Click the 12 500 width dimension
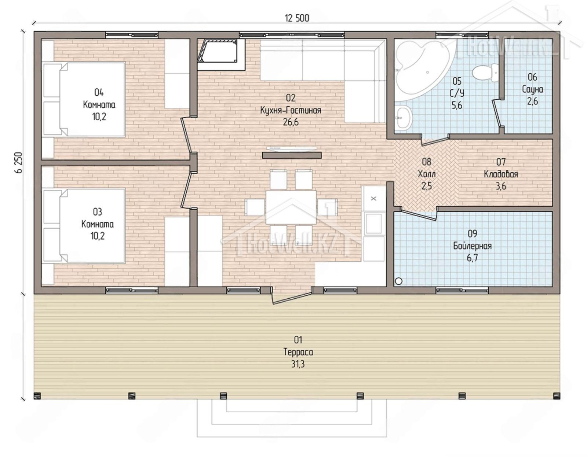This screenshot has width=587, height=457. tap(297, 18)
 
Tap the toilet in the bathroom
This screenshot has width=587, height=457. tap(485, 73)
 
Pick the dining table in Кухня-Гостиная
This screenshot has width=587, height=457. tap(291, 207)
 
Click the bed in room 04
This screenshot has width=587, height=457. tap(84, 99)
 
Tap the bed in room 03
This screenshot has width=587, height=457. tap(84, 225)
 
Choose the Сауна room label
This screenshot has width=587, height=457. tap(532, 89)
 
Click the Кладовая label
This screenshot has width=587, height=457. tap(501, 174)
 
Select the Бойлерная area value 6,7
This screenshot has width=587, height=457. tap(472, 258)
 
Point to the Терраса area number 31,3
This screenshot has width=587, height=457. tap(298, 364)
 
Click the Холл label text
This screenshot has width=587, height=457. tap(427, 174)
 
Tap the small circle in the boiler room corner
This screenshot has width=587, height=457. tap(398, 281)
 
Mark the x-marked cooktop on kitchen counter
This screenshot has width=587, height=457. tap(373, 199)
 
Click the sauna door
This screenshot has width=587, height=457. tap(497, 113)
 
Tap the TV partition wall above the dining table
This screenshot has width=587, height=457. tap(292, 155)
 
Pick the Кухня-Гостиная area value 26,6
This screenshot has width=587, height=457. tap(291, 122)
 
